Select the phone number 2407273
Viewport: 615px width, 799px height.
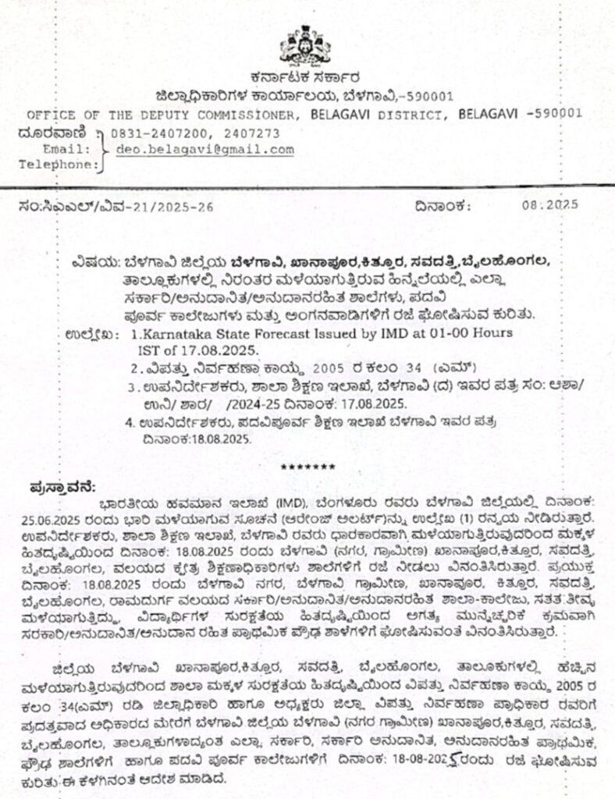click(x=252, y=133)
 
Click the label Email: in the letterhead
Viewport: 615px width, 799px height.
click(x=71, y=149)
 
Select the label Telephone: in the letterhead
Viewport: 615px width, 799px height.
click(x=59, y=165)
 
